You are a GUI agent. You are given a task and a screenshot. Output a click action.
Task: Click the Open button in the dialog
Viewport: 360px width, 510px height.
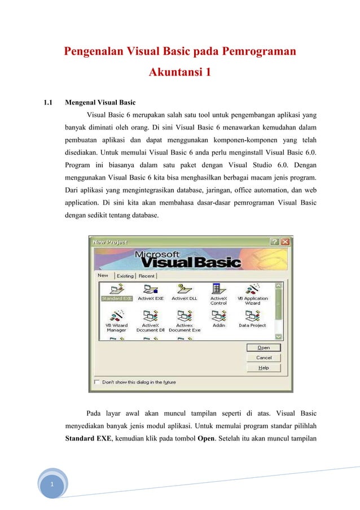[264, 347]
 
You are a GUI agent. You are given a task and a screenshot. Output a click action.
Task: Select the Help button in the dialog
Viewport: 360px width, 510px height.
[264, 368]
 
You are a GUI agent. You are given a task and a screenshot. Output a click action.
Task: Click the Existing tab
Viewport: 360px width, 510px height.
[125, 276]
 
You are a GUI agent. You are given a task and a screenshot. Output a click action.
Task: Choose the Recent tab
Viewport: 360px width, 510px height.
[146, 276]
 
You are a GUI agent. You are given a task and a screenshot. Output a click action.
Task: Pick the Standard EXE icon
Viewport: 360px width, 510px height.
[117, 289]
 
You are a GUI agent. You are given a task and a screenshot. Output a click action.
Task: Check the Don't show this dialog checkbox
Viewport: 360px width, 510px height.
[98, 382]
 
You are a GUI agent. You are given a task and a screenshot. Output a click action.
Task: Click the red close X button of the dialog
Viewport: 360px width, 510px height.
[286, 241]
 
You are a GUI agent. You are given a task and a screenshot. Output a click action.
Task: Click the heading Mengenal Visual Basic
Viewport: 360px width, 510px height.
[100, 103]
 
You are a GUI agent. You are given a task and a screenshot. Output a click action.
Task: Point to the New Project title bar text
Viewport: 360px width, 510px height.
[110, 242]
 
